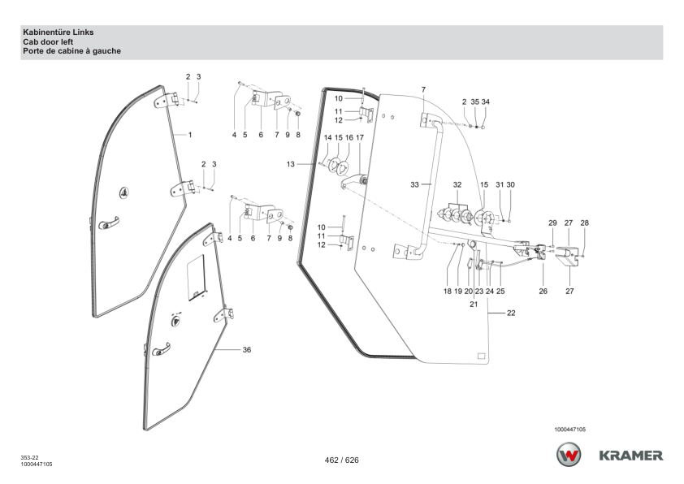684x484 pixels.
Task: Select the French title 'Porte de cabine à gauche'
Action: pos(72,51)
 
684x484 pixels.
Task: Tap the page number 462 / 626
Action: pos(341,460)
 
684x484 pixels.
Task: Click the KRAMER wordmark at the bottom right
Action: pos(630,456)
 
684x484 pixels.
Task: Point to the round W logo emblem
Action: pos(569,455)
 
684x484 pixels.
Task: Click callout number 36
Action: pos(247,350)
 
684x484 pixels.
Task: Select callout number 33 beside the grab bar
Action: pos(414,185)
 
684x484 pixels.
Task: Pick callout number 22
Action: pos(511,313)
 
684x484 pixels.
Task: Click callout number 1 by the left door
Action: pos(190,133)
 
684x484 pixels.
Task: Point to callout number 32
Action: pos(457,185)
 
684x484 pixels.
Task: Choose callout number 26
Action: pos(543,291)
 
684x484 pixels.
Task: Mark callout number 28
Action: pos(584,222)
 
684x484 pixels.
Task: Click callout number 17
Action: pos(359,137)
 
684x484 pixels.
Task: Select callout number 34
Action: pos(486,102)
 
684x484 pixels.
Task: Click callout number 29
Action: pos(552,222)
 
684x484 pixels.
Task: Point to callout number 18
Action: pos(447,291)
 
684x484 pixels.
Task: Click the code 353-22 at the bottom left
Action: pos(29,458)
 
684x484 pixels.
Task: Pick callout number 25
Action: pos(500,291)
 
